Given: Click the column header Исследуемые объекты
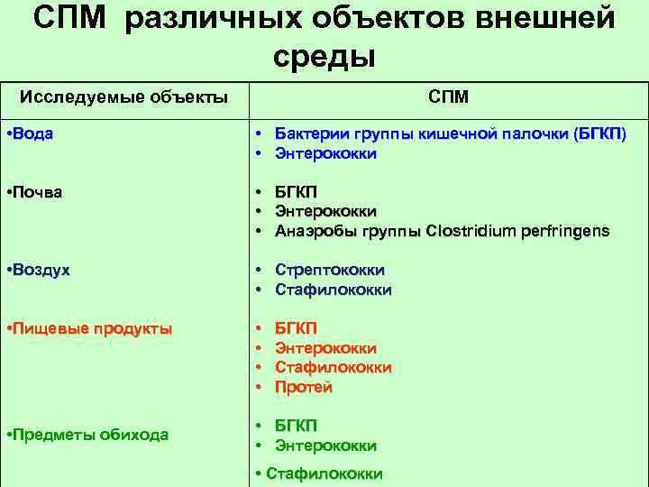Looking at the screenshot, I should tap(123, 96).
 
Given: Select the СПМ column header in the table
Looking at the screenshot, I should tap(448, 96).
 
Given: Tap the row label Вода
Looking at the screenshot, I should tap(31, 133).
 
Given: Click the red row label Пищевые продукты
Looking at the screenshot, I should tap(88, 328).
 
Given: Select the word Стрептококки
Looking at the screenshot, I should tap(330, 270).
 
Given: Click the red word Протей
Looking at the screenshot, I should tap(304, 387).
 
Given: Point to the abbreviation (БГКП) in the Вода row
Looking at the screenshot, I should tap(599, 133).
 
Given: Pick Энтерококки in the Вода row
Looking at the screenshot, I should tap(325, 153).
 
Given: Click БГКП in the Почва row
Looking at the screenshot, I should tap(296, 191).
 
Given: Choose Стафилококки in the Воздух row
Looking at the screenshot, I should tap(333, 289).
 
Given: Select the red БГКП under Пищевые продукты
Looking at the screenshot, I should tap(296, 328).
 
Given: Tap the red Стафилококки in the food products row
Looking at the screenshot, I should tap(333, 367).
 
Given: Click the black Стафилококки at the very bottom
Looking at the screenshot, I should tap(324, 473).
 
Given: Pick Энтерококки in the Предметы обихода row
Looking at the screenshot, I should tap(325, 446).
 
